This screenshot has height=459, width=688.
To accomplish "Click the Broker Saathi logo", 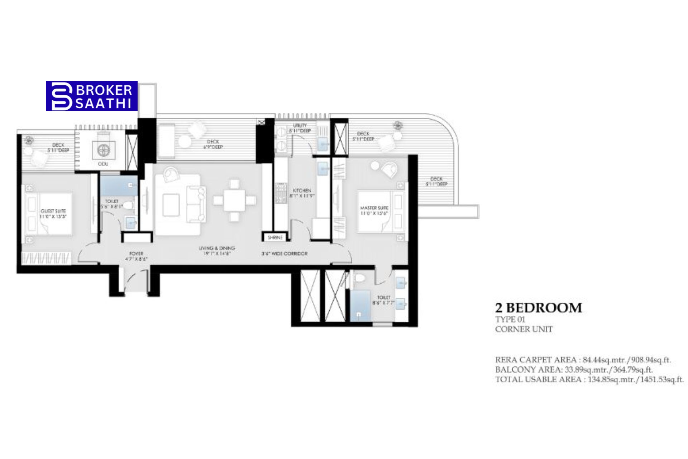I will tap(92, 96).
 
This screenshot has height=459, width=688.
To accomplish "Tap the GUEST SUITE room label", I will tap(53, 214).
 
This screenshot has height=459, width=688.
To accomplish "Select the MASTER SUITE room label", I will tap(374, 210).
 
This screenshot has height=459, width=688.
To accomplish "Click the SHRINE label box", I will tap(275, 237).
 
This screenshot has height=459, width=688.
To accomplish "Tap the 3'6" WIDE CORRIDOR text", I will tap(284, 254).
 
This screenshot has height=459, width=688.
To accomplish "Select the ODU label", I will tap(103, 164).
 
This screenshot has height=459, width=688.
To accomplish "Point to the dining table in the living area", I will tap(234, 200).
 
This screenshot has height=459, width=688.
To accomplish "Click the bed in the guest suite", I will tap(48, 214).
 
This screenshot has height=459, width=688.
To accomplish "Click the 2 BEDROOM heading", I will tap(539, 308).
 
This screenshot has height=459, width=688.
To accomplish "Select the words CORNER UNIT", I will tap(524, 329).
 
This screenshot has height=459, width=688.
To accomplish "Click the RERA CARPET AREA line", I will tap(583, 360).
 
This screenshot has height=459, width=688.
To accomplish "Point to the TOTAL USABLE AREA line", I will tap(589, 379).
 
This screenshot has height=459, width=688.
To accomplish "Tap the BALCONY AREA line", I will tap(574, 369).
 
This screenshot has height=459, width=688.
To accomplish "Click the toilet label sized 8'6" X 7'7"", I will tap(383, 300).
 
